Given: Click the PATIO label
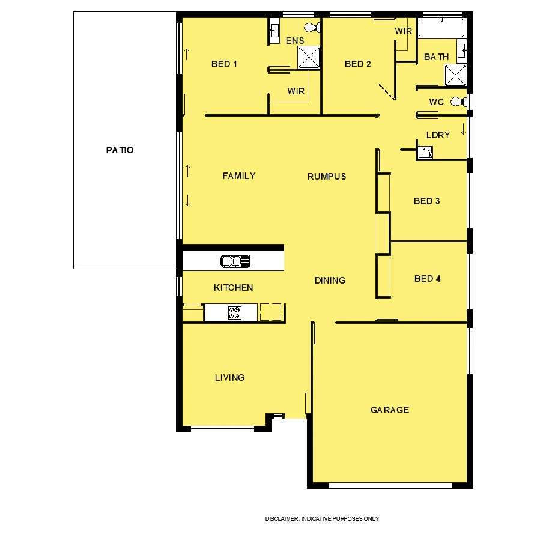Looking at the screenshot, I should click(x=120, y=150).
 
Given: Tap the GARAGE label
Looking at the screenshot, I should click(x=389, y=410).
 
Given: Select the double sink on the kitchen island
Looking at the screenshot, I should click(x=235, y=261).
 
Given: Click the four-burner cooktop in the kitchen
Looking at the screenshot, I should click(x=235, y=312).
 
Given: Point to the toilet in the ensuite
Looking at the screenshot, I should click(x=312, y=28).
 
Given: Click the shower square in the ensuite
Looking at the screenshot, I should click(x=310, y=57).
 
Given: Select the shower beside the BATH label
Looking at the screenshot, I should click(x=455, y=76).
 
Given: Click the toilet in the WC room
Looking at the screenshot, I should click(x=459, y=102).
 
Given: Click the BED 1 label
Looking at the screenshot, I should click(x=224, y=64).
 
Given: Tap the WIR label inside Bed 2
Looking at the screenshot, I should click(x=404, y=31).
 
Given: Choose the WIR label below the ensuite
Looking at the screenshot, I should click(x=296, y=91).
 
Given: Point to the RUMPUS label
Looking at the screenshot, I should click(x=327, y=177).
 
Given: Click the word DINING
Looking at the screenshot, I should click(x=330, y=280).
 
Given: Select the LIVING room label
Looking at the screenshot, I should click(x=229, y=378).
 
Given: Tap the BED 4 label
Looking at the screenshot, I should click(x=427, y=279).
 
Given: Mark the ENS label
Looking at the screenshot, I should click(x=294, y=41).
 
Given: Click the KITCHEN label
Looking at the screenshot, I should click(x=233, y=288).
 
